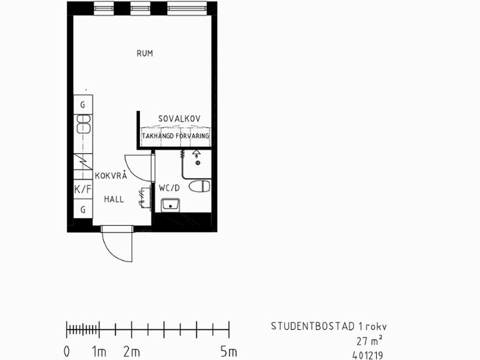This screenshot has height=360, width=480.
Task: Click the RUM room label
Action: (145, 53)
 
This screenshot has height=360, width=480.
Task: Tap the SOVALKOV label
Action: (179, 119)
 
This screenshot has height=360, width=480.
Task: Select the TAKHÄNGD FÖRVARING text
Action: (176, 135)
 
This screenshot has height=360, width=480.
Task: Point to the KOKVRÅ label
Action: (111, 175)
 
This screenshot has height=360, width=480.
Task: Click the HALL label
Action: (114, 200)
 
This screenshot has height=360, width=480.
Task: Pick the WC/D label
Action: (169, 188)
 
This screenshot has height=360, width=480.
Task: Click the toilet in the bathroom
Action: (199, 186)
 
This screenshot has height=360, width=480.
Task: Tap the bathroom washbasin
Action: (170, 205)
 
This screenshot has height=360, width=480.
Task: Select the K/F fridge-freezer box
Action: (83, 189)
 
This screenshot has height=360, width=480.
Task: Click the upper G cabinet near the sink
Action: (83, 104)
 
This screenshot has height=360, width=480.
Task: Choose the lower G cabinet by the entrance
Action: (83, 209)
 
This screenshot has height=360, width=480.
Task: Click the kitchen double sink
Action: (84, 124)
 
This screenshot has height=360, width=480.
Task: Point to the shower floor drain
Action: (198, 163)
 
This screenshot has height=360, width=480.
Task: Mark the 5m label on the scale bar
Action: (229, 352)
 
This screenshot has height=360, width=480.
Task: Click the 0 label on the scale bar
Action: (66, 352)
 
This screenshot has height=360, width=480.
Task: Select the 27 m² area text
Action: (369, 340)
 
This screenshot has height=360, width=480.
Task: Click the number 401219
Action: (368, 355)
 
